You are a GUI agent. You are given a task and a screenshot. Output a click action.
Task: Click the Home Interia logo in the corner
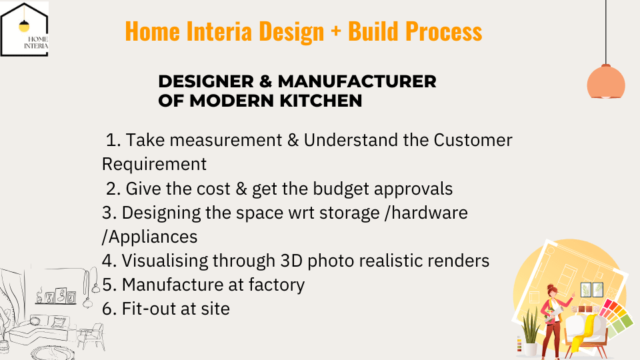pos(24,29)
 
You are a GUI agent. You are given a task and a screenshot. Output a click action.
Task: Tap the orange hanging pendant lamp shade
pos(606,81)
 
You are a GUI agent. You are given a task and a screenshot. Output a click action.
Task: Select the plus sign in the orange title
pos(336,31)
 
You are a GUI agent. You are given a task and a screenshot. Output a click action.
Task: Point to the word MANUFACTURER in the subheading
pos(357,81)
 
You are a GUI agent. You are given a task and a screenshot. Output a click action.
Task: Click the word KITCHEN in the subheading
pos(321,101)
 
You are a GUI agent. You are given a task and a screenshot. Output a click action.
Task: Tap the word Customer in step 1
pos(473,140)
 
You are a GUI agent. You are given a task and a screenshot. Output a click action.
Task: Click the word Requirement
pos(154,164)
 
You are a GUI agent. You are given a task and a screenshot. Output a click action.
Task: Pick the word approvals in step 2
pos(413,189)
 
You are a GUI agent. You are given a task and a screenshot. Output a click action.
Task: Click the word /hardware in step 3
pos(426,213)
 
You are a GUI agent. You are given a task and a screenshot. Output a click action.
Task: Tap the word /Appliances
pos(149,237)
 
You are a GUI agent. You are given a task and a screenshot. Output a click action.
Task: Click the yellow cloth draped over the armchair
pos(585,333)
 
